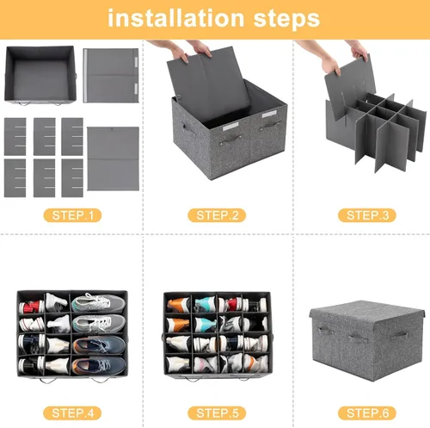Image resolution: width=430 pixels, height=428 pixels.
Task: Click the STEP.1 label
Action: click(72, 215)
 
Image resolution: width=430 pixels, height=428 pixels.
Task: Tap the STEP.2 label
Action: click(217, 215)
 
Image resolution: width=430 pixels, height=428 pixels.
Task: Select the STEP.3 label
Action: click(367, 215)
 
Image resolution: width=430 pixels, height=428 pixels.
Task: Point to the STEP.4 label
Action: click(72, 413)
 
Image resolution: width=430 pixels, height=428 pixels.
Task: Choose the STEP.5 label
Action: click(217, 413)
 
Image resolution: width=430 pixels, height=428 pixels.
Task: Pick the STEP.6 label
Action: click(367, 413)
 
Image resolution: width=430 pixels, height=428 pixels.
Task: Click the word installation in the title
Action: click(175, 18)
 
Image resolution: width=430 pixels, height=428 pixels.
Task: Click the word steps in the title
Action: click(286, 20)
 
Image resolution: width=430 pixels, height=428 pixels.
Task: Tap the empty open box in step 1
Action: click(40, 75)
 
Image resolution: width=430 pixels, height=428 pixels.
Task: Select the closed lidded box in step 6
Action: click(367, 340)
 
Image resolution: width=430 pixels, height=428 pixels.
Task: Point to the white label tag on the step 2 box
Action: click(230, 126)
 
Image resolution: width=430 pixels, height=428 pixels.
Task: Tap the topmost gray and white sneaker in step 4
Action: click(98, 303)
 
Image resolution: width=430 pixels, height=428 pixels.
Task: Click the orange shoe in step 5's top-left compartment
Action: click(178, 305)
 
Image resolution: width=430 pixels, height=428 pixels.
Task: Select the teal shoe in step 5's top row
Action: click(205, 304)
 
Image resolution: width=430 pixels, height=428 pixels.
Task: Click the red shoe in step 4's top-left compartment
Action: click(31, 307)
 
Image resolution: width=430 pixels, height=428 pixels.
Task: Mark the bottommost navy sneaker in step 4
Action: click(99, 365)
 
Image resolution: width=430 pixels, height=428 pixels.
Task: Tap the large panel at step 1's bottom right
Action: click(114, 158)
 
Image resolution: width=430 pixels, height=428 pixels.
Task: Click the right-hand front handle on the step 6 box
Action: click(399, 336)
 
